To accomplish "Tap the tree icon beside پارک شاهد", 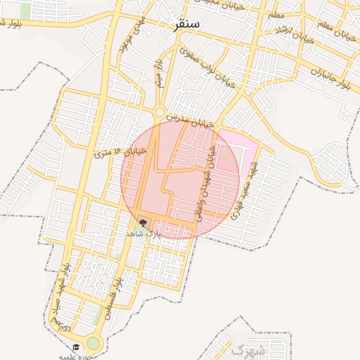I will [x=144, y=223].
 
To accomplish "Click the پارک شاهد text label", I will [x=143, y=233].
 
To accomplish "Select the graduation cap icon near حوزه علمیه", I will [x=76, y=347].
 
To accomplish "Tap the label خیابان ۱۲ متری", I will [x=120, y=151].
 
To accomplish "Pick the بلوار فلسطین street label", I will [x=115, y=299].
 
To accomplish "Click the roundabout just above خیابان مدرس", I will [x=160, y=111].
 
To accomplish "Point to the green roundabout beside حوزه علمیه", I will [x=94, y=343].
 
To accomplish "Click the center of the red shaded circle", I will [x=181, y=179].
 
